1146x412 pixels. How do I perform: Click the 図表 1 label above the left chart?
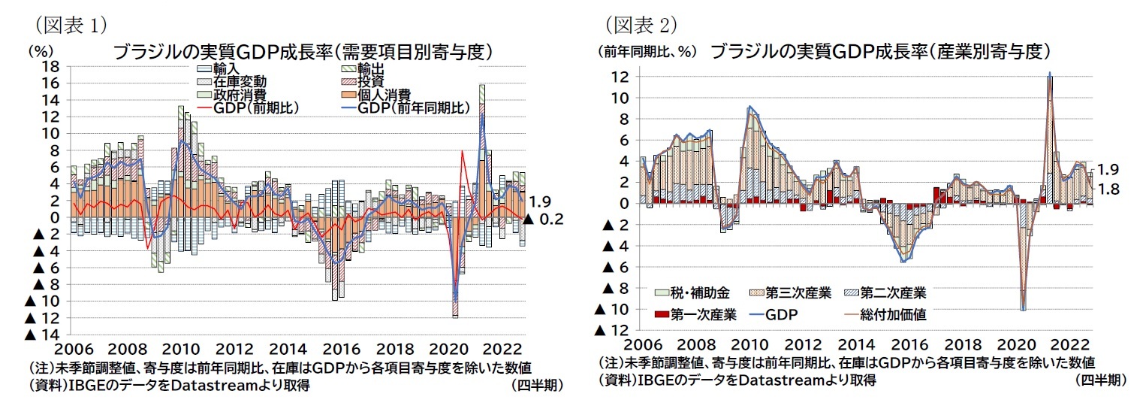68,25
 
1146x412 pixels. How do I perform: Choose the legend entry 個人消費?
382,95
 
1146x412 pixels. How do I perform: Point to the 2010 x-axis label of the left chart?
179,350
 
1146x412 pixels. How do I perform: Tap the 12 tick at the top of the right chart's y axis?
620,77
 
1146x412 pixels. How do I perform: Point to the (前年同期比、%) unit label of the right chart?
647,52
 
